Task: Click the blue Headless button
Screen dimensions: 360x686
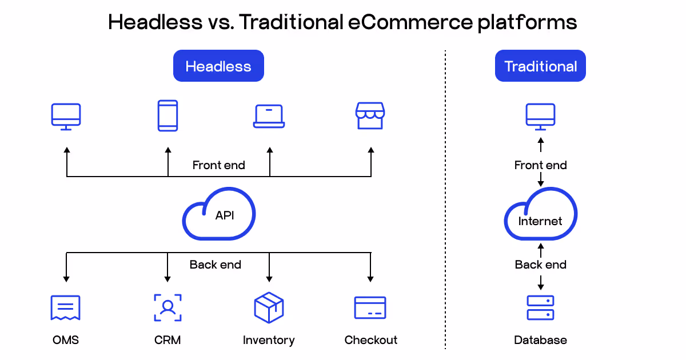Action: [218, 66]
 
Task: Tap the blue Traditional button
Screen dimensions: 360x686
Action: [540, 66]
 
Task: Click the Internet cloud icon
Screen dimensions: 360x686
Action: [540, 217]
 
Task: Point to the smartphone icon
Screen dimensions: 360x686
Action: [167, 116]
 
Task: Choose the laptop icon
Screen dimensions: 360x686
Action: [269, 116]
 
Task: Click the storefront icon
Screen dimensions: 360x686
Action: [370, 116]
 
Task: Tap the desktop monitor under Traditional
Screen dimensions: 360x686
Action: [540, 117]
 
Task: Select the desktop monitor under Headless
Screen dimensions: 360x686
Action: [66, 117]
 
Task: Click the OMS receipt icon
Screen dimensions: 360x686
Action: [66, 308]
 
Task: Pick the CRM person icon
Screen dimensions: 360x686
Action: [167, 307]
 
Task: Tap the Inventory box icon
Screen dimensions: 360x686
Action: [269, 307]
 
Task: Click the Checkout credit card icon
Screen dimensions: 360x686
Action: [370, 308]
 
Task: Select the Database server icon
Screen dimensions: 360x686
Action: [540, 308]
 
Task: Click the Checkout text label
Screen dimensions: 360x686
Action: [370, 340]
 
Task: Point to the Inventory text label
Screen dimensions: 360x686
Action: [269, 340]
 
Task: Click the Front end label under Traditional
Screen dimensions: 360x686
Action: [540, 165]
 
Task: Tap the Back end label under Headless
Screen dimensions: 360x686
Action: [216, 265]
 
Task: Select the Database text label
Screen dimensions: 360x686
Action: [540, 340]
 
